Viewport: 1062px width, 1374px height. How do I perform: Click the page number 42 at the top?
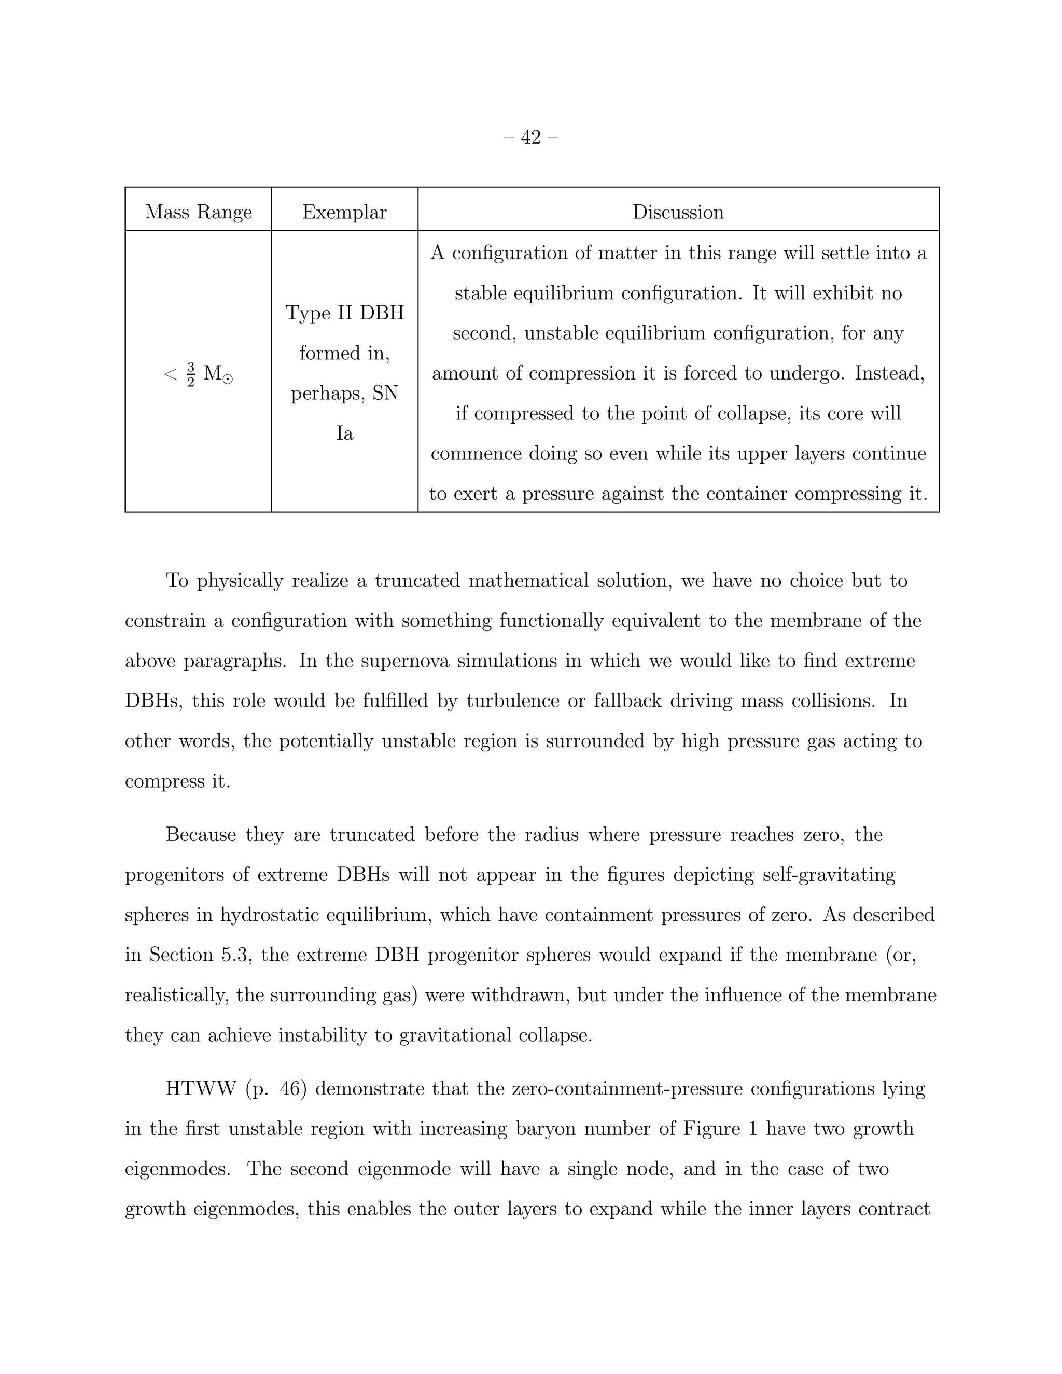(531, 137)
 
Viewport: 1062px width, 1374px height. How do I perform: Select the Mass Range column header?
(198, 212)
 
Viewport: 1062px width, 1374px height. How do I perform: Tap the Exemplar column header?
(344, 212)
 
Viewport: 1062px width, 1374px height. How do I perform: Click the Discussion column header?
(678, 212)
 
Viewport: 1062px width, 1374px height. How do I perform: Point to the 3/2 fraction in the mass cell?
(191, 374)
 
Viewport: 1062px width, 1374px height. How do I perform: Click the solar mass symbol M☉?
(218, 374)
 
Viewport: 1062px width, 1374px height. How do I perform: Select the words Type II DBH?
(344, 313)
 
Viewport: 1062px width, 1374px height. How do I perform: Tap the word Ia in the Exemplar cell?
(344, 433)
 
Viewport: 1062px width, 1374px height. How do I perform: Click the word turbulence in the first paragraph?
(512, 701)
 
